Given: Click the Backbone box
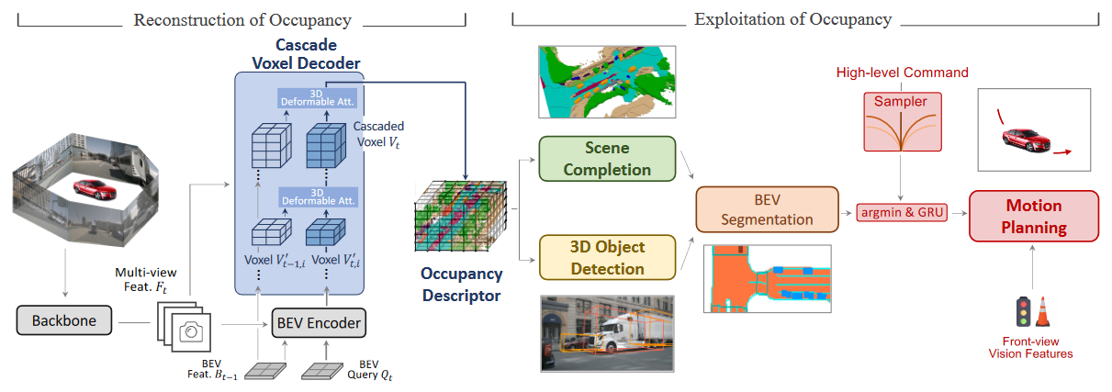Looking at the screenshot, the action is coord(64,320).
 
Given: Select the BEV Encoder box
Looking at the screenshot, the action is coord(319,323).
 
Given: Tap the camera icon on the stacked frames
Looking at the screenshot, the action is coord(191,331).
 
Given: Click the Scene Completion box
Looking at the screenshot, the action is coord(607,159).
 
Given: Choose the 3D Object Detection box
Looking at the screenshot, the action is coord(607,258).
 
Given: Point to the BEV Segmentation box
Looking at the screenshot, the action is coord(767,209).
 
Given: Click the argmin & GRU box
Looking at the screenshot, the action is coord(902,212).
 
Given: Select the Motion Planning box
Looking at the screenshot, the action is coord(1034,217).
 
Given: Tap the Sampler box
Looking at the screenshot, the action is coord(903,121).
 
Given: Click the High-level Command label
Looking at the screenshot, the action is coord(902,73).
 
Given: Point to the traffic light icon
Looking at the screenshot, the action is coord(1023,311).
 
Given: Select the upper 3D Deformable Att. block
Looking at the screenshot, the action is coord(317,97).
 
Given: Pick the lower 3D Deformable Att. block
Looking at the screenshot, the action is coord(319,197).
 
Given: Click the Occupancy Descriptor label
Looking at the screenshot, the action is coord(462,285).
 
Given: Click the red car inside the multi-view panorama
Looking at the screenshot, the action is coord(95,189).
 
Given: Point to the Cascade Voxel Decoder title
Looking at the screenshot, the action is coord(307,53).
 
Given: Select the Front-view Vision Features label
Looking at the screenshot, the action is coord(1030,347).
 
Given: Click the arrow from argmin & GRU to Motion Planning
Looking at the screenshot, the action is coord(959,213).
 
